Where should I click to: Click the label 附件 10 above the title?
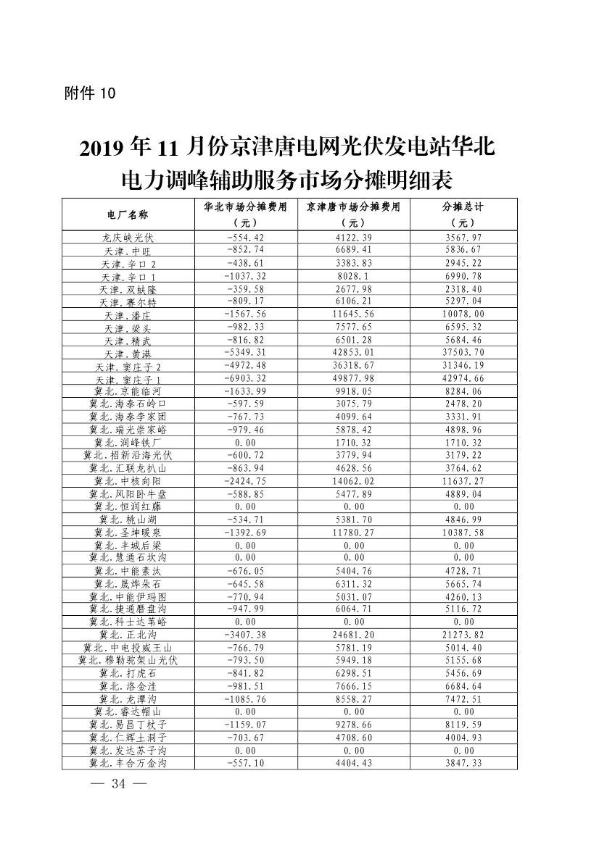click(90, 93)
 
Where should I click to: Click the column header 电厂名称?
click(128, 214)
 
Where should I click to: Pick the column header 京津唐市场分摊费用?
click(353, 206)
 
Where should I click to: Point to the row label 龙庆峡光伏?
click(128, 238)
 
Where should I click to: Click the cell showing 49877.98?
click(354, 379)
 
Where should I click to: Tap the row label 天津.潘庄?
click(128, 315)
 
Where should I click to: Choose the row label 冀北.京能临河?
click(128, 392)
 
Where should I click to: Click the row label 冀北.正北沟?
click(128, 635)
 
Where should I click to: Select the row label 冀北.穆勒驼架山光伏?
click(128, 661)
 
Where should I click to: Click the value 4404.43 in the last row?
click(354, 762)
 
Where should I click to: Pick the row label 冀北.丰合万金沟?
click(128, 763)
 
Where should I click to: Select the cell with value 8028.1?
click(354, 276)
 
